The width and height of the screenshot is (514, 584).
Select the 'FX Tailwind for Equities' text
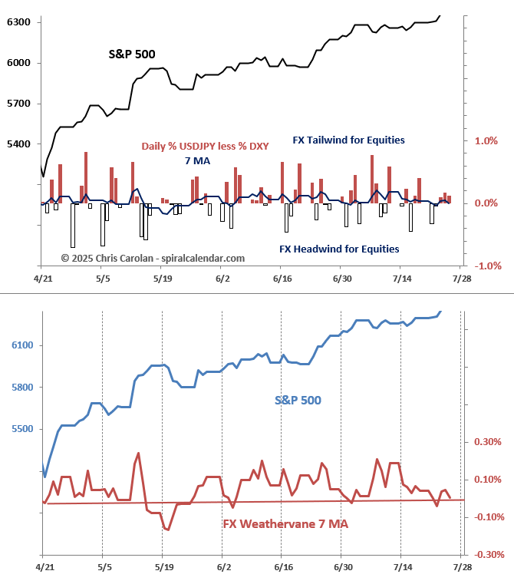click(348, 140)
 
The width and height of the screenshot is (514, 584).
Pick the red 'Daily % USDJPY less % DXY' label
click(205, 146)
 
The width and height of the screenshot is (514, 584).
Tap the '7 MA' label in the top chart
click(197, 160)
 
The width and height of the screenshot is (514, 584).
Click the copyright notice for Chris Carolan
click(153, 259)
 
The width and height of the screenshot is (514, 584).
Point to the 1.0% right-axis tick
click(486, 141)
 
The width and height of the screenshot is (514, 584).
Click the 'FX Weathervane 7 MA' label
click(285, 524)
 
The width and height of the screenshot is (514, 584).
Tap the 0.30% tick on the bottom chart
click(488, 442)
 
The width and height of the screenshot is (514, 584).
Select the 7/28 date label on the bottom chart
click(461, 569)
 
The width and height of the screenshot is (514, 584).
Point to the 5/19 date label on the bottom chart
click(163, 569)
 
